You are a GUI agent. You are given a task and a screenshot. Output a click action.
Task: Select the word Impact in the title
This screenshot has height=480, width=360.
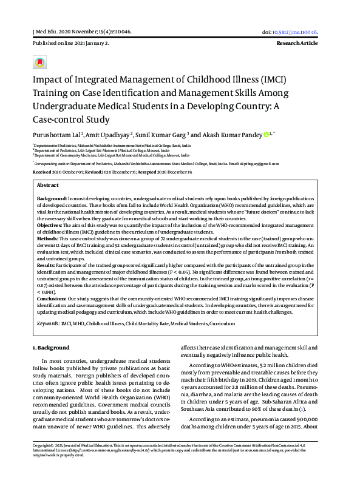point(49,80)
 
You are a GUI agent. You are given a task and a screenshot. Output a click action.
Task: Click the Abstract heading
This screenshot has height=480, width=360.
point(48,185)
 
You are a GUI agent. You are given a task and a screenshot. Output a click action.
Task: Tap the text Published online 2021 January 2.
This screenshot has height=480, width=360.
point(71,44)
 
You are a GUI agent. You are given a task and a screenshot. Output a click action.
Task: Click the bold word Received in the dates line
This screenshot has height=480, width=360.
point(41,172)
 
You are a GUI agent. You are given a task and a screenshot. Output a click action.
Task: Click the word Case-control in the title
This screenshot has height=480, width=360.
point(59,119)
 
